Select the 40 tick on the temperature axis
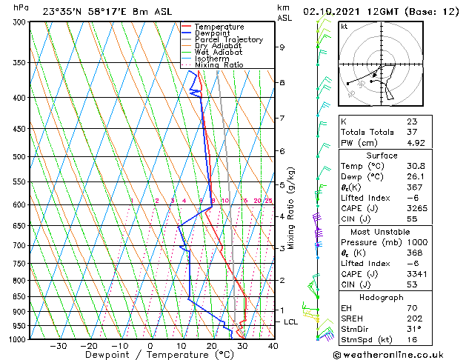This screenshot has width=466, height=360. tap(273, 346)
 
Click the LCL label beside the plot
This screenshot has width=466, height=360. tap(291, 322)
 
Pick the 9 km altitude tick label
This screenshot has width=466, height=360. tap(282, 47)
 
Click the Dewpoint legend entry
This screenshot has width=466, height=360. tap(210, 33)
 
